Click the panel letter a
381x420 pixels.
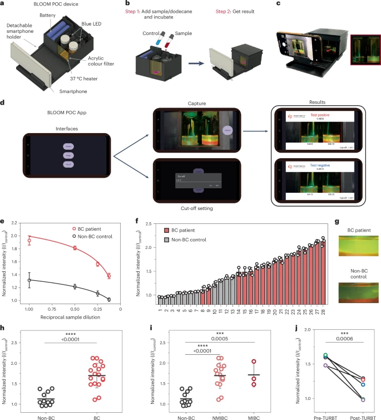point(3,4)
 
